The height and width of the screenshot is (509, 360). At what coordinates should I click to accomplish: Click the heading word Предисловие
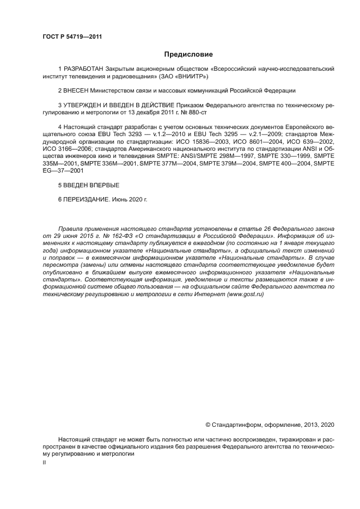click(189, 54)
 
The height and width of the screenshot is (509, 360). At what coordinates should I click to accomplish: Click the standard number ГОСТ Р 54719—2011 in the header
click(72, 37)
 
